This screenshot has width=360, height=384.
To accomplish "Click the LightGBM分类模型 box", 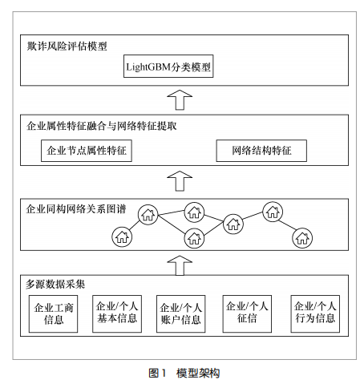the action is [x=168, y=67].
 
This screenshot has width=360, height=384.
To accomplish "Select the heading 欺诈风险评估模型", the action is [x=67, y=46].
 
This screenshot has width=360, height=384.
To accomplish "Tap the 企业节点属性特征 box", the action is [x=87, y=151].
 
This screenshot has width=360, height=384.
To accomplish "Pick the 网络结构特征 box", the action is [x=261, y=151].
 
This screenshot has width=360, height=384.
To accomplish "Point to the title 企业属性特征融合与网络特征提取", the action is [x=102, y=126].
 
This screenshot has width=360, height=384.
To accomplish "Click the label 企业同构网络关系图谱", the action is [x=76, y=209].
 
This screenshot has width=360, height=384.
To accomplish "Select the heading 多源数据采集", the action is [x=55, y=284].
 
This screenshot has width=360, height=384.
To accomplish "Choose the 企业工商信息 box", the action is [x=53, y=313].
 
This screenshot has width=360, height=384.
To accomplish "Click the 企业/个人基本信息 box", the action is [x=117, y=313].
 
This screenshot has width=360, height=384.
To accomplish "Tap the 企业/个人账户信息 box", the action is [x=180, y=313].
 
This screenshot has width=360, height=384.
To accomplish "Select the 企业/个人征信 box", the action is [x=247, y=313].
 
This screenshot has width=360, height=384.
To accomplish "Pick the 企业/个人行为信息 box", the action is [x=315, y=313].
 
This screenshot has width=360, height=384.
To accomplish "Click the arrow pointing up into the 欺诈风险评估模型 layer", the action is [x=180, y=100].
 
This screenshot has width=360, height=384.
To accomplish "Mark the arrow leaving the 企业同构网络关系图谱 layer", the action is [x=180, y=181].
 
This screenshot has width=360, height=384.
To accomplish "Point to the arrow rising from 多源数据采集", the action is [x=180, y=265].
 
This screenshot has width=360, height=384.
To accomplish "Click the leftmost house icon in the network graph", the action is [x=122, y=237].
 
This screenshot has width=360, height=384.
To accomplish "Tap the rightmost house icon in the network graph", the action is [x=302, y=238].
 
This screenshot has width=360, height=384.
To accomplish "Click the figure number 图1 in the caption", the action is [x=157, y=373].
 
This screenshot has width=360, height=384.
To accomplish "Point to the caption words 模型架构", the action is [x=198, y=373].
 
